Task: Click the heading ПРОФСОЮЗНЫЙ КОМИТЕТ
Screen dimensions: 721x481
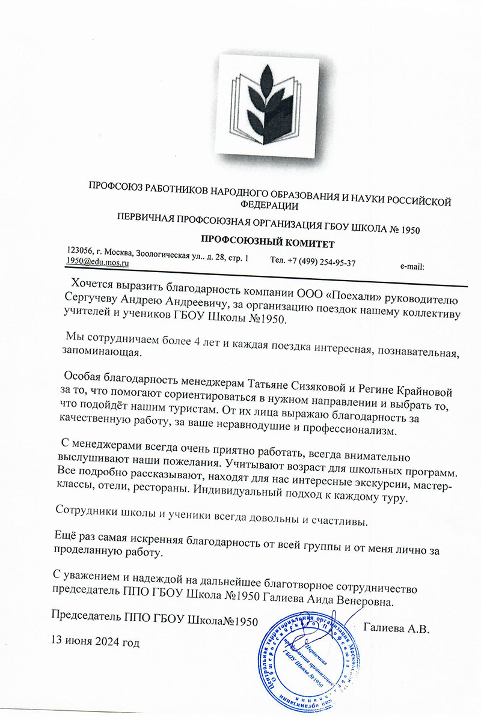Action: tap(266, 242)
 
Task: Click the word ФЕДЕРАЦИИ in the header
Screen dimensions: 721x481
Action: tap(269, 205)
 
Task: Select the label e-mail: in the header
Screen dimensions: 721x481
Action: tap(412, 265)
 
